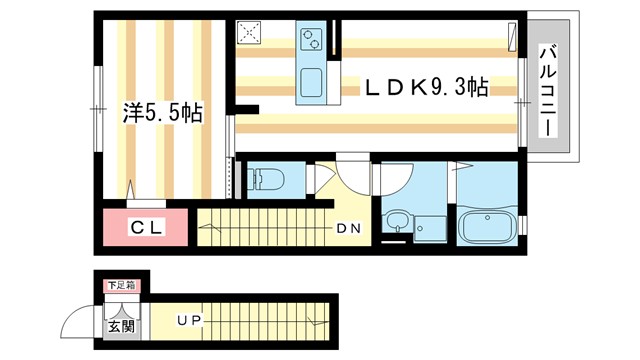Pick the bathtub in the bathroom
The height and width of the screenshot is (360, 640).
[x=486, y=227]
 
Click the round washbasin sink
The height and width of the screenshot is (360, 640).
[x=398, y=222]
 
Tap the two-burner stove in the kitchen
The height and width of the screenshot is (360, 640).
[x=310, y=41]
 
